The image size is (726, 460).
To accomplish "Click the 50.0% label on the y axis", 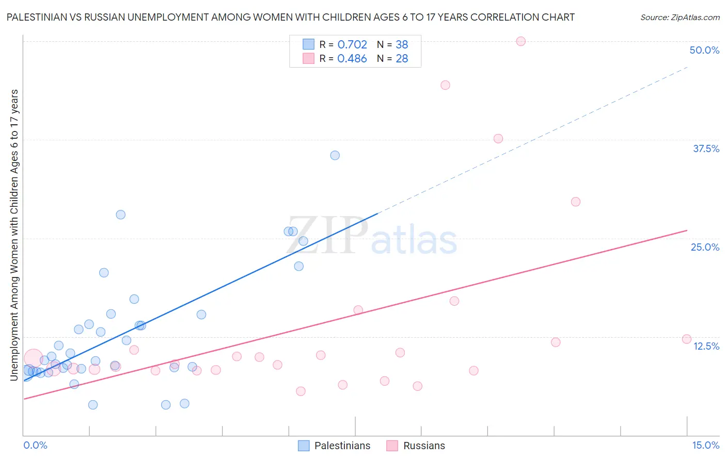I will coord(704,50).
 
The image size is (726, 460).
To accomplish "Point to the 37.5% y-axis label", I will coord(706,149).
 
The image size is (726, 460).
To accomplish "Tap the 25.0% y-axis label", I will coord(705,247).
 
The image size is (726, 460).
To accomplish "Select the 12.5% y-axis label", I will coord(706,346).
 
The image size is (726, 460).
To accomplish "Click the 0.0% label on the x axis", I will coord(35,445).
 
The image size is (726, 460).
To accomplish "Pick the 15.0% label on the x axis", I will coord(705,445).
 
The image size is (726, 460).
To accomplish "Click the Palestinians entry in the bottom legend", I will coord(342,446).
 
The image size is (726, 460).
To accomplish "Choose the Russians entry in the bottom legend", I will coord(423,446).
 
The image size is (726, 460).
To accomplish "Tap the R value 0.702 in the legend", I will coord(352,45).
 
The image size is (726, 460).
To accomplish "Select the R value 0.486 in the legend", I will coord(352,59).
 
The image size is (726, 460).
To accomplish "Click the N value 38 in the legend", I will coord(402,45).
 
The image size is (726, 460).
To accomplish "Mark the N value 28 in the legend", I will coord(402,59).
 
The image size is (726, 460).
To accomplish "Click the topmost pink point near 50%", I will coord(520,41).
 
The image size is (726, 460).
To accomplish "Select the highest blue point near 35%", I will coord(335,155).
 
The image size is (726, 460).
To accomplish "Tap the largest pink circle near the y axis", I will coord(34,358).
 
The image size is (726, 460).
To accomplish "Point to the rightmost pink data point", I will coord(686,339).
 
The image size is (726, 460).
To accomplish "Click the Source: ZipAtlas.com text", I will coord(680,18).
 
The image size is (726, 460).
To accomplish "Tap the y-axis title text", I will coord(14,235).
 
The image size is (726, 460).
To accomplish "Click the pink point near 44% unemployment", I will coord(445,85).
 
